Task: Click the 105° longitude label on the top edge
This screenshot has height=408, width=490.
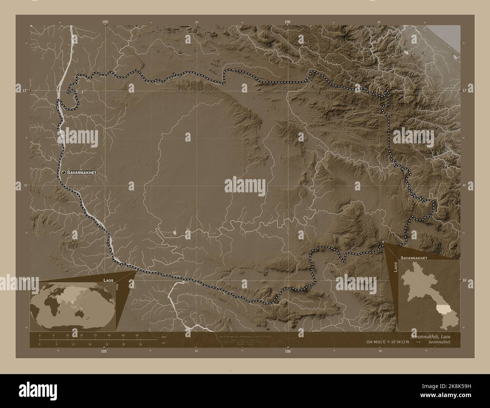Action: [105, 23]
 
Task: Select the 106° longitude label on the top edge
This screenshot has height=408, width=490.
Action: [288, 23]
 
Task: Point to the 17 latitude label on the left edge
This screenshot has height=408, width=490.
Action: [24, 91]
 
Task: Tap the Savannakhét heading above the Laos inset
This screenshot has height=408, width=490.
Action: [413, 258]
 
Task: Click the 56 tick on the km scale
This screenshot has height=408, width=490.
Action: [137, 335]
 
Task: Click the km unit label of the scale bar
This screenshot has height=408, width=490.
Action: [164, 336]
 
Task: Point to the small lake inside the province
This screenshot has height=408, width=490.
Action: [175, 233]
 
